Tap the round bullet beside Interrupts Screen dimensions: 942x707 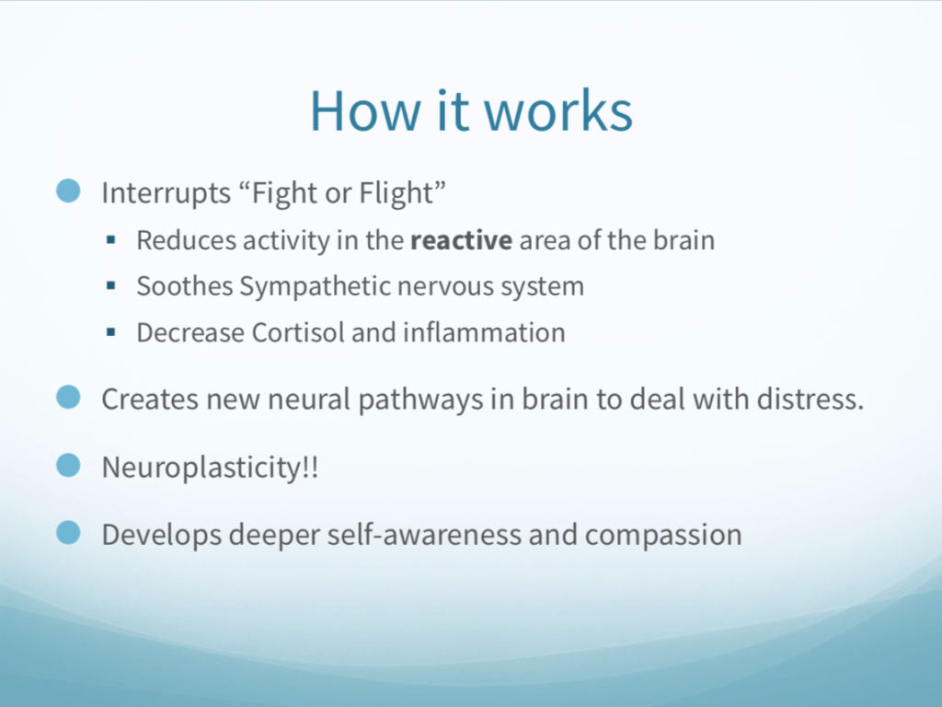(x=68, y=191)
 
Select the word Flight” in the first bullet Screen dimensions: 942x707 (x=403, y=192)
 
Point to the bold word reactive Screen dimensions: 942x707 (x=462, y=240)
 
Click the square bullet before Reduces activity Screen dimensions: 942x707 (x=110, y=240)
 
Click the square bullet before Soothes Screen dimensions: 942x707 (x=110, y=286)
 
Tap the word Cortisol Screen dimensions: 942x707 (x=297, y=332)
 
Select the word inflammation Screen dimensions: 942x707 (x=484, y=332)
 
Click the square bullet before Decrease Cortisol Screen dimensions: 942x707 (x=110, y=331)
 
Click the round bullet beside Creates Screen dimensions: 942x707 (x=68, y=398)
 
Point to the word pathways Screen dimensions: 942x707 (x=420, y=400)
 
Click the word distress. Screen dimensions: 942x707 (x=810, y=400)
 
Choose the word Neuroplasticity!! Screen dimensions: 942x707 (x=210, y=468)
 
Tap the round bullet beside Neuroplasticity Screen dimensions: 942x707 (x=68, y=465)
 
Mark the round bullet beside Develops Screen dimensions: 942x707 (x=68, y=533)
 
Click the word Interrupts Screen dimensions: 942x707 (x=167, y=193)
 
